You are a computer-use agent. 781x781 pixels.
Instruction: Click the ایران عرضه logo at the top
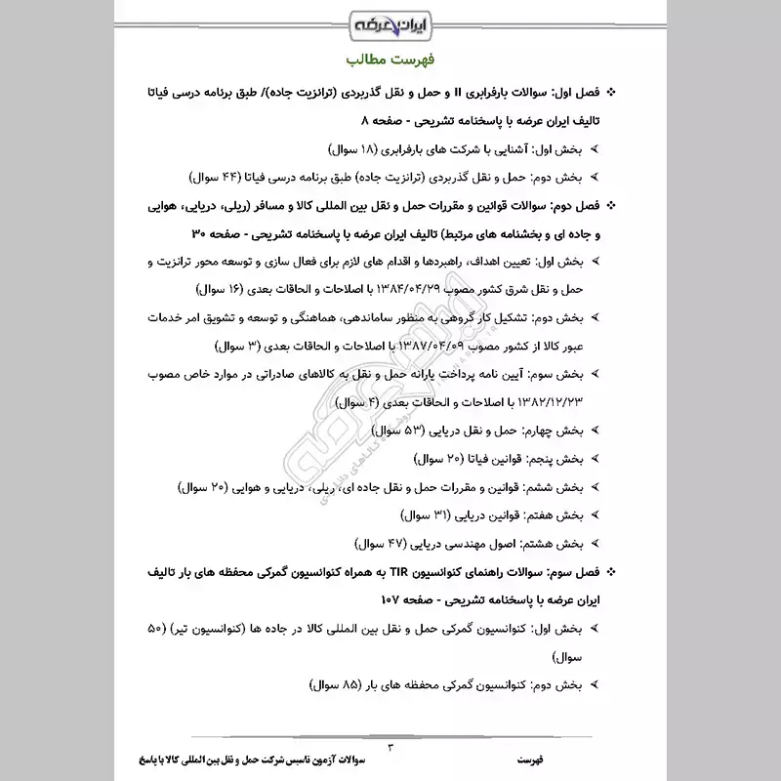[x=390, y=21]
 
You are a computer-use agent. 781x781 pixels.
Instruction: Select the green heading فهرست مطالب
[x=390, y=59]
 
